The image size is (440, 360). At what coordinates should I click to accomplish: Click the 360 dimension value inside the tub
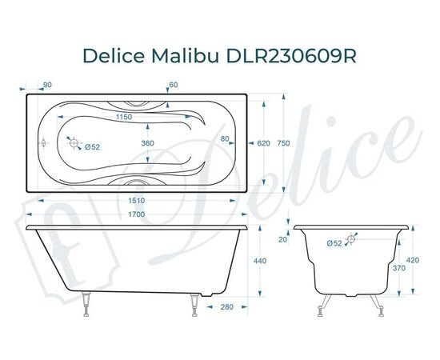point(147,143)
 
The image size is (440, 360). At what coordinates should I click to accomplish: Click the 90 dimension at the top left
point(47,84)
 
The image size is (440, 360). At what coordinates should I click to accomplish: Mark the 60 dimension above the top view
point(174,84)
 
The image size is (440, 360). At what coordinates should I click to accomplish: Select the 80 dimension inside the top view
point(226,139)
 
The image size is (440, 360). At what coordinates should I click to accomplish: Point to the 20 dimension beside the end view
point(282,239)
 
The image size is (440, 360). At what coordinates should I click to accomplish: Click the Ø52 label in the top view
point(92,146)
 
